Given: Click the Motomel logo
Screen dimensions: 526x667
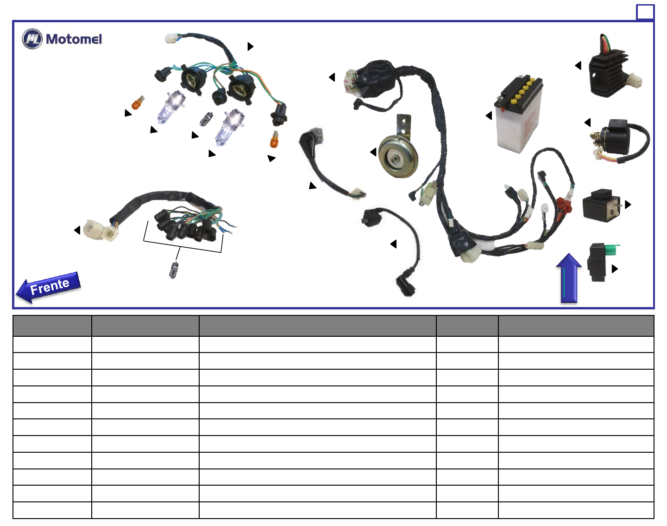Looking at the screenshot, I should tap(62, 39).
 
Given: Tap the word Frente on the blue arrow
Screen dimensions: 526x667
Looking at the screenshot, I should tap(50, 286).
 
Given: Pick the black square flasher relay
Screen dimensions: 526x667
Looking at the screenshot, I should tap(601, 205).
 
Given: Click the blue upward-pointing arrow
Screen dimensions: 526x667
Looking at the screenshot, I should tap(569, 278).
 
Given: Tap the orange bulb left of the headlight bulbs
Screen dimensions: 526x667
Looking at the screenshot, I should tap(138, 103).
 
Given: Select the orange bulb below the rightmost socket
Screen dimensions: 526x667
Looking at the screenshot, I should tap(275, 139).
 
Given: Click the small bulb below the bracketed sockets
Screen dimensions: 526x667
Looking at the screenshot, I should tap(174, 270).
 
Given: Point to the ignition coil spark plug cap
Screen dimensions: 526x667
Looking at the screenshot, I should tap(406, 286).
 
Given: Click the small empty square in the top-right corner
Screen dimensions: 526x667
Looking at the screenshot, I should tap(645, 13).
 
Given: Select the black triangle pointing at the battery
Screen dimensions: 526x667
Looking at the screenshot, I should tap(489, 115).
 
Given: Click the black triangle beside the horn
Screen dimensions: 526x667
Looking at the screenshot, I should tap(373, 152).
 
